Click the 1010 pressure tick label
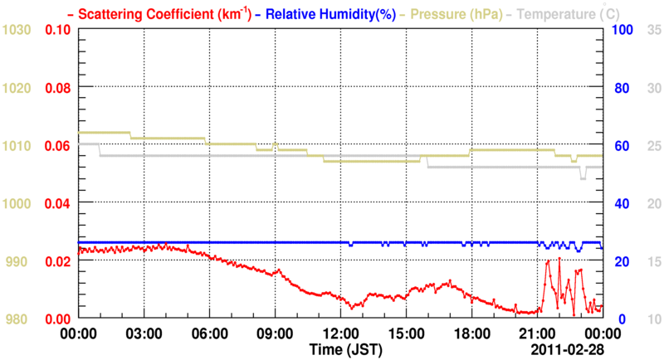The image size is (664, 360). click(x=17, y=146)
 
